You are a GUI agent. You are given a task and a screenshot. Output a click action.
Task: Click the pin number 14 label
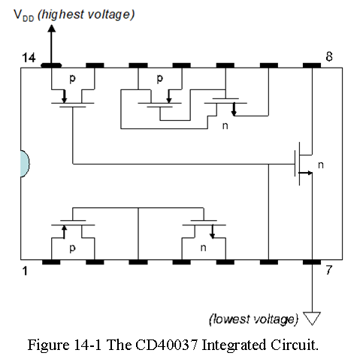tap(29, 58)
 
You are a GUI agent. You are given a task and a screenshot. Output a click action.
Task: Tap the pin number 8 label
tap(329, 56)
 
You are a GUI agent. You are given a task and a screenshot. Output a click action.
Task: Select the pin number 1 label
tap(25, 271)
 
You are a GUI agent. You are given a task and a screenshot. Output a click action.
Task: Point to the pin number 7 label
tap(329, 270)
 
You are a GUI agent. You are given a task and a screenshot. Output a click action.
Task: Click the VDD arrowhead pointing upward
tap(52, 28)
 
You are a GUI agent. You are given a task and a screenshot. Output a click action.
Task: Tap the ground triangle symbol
tap(312, 318)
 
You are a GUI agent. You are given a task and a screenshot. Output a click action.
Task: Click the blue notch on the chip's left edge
tap(25, 164)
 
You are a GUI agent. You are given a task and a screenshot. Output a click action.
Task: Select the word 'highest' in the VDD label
tap(62, 14)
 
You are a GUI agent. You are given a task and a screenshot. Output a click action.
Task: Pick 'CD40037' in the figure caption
tap(167, 345)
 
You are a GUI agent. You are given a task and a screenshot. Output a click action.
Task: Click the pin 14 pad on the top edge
tap(51, 65)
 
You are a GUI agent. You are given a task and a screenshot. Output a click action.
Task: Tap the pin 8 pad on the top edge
tap(312, 65)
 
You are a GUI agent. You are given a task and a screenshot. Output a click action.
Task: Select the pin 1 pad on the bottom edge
tap(51, 262)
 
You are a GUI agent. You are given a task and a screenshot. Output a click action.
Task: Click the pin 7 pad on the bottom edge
tap(312, 262)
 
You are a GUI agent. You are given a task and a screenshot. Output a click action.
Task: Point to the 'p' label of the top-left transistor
tap(72, 79)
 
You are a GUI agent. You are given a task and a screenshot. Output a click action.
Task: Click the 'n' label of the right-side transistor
tap(321, 164)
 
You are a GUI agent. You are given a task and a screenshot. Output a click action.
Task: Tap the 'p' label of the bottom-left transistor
tap(72, 249)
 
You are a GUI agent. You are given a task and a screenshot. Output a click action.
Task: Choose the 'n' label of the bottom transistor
tap(203, 248)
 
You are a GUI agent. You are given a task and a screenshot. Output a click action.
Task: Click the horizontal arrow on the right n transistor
tap(305, 173)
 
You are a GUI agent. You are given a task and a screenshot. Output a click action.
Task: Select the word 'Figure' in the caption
tap(48, 345)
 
